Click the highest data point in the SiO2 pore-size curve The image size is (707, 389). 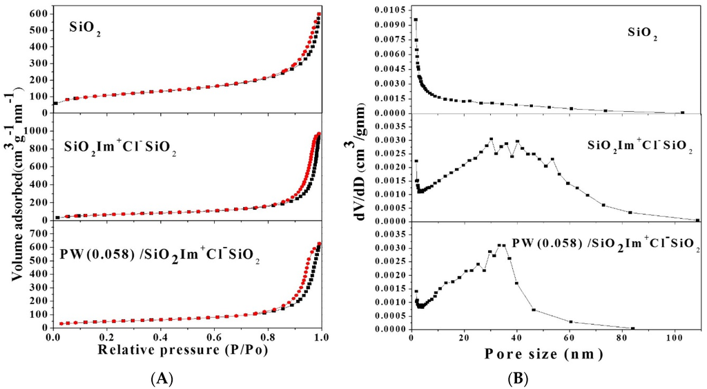(416, 20)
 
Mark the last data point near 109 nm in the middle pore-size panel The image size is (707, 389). (697, 220)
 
